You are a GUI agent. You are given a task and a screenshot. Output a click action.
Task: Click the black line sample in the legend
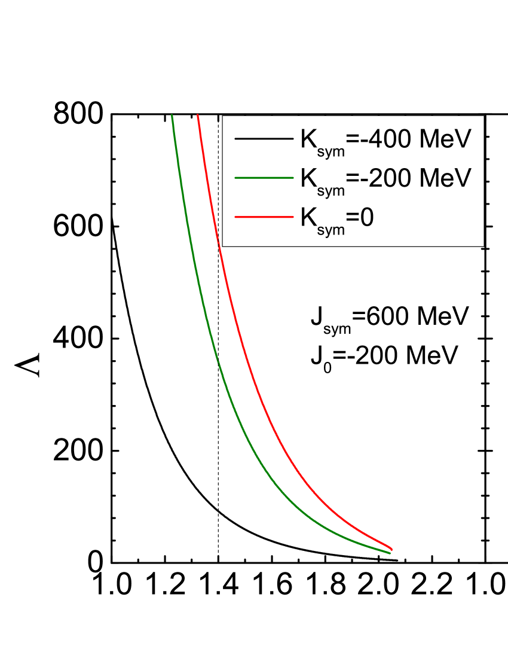(x=264, y=139)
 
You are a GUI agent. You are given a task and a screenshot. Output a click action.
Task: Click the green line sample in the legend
(x=264, y=178)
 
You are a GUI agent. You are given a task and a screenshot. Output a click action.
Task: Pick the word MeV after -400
(x=446, y=139)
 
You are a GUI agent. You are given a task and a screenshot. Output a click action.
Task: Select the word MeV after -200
(x=446, y=178)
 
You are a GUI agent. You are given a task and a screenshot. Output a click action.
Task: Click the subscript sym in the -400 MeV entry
(x=331, y=152)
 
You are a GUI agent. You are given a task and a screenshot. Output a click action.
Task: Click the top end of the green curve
(x=172, y=115)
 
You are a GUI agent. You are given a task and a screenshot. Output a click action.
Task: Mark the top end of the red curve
(x=198, y=115)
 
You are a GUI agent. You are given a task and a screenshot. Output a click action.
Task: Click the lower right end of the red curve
(x=391, y=549)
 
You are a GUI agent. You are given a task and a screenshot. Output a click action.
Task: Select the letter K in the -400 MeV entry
(x=308, y=139)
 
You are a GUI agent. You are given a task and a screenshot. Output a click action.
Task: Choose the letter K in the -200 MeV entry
(x=308, y=178)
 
